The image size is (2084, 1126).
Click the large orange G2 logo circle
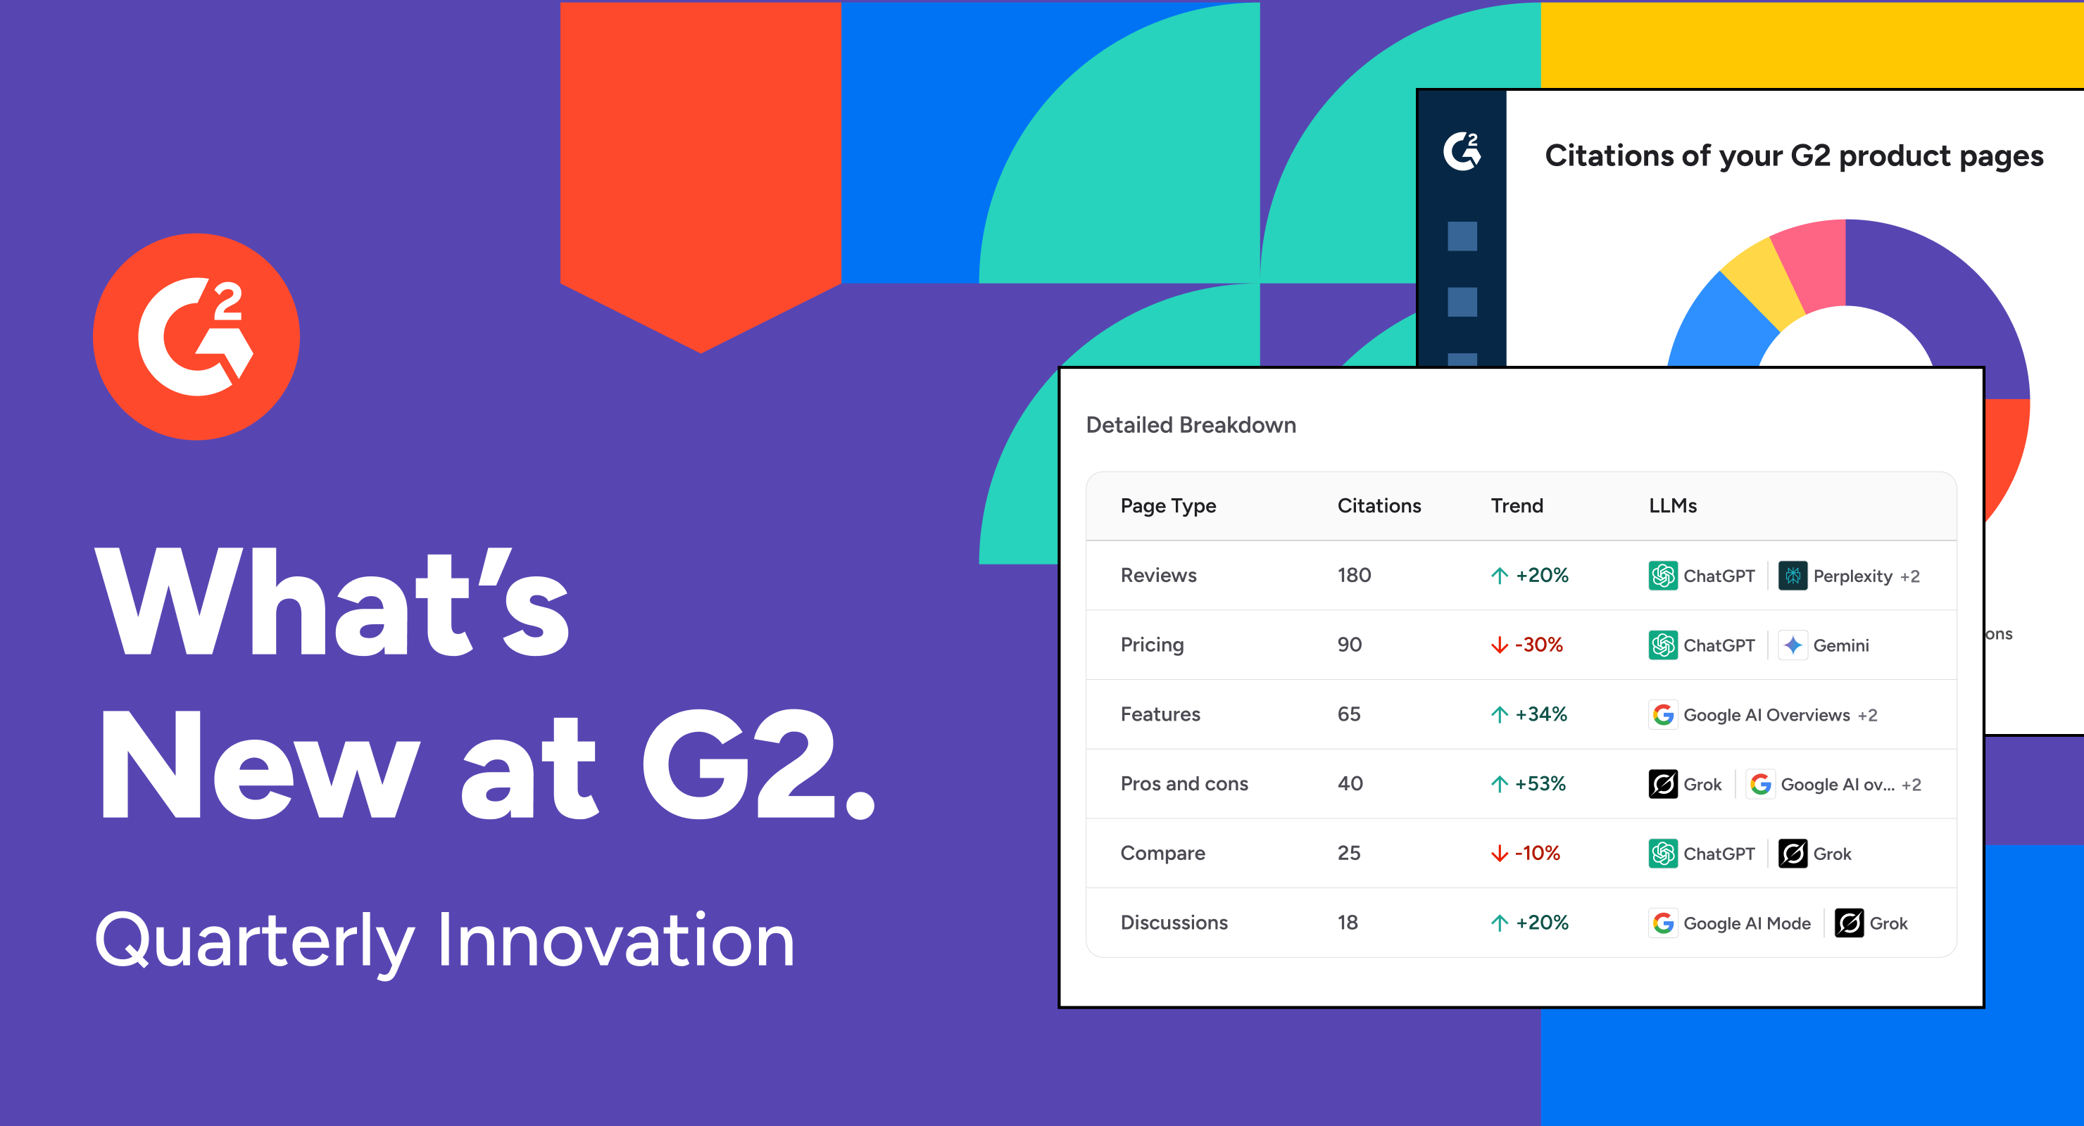coord(196,336)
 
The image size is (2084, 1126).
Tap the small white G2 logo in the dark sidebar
coord(1463,151)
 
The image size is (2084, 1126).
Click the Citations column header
coord(1379,505)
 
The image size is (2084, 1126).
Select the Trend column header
coord(1517,505)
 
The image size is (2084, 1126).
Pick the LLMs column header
coord(1672,505)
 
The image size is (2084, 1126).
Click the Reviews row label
coord(1158,575)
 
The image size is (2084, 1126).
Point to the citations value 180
coord(1355,575)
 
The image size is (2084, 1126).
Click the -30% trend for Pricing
coord(1538,645)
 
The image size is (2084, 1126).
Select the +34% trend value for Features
coord(1541,714)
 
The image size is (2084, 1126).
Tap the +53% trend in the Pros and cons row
coord(1540,784)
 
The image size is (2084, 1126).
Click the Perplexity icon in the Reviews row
coord(1793,576)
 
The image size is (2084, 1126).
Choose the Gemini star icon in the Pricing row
coord(1793,645)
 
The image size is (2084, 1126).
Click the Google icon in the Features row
coord(1663,715)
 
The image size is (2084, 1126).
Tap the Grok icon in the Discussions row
coord(1850,923)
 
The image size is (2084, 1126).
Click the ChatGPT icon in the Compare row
coord(1663,854)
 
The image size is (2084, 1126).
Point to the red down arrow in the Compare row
coord(1499,854)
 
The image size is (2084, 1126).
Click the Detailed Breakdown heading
coord(1191,426)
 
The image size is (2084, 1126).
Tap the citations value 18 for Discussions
coord(1348,923)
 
